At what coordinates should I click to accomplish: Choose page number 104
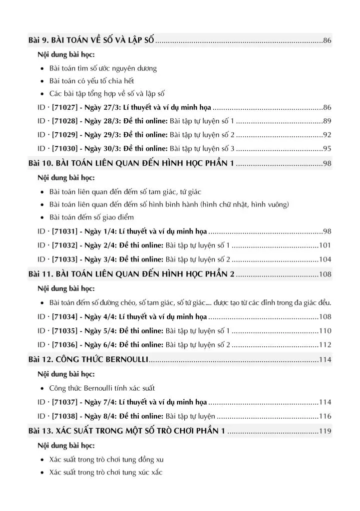pos(326,259)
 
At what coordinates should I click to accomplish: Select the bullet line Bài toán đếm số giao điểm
pos(91,218)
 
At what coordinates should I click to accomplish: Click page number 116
pos(326,416)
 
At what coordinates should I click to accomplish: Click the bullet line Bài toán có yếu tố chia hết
pos(91,81)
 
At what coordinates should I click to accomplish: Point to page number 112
pos(326,345)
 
